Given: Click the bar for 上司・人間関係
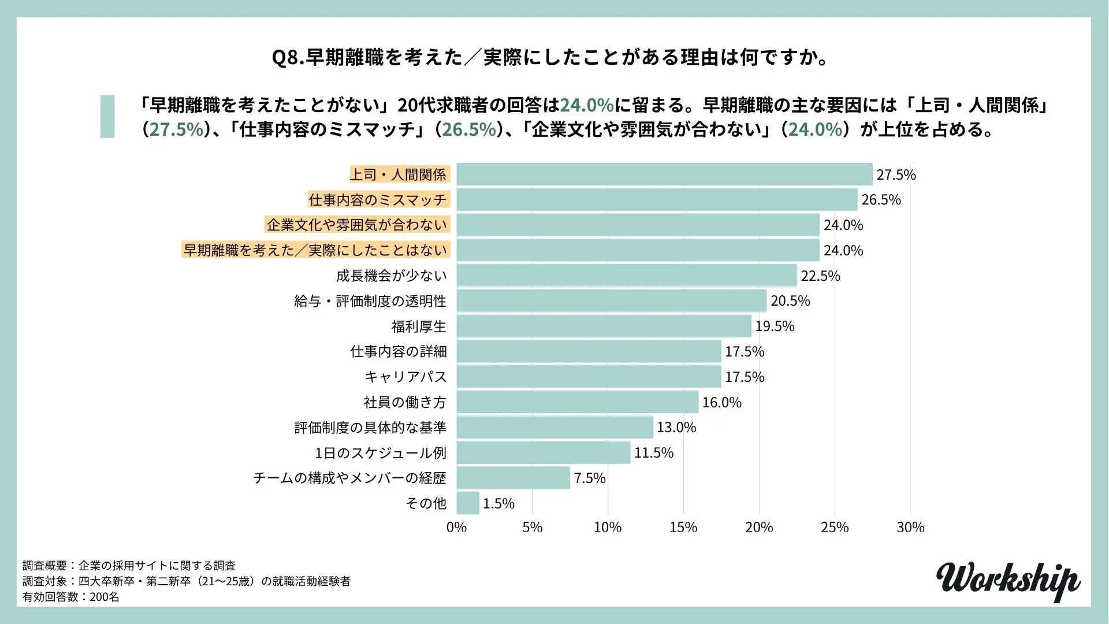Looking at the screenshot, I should pyautogui.click(x=664, y=174).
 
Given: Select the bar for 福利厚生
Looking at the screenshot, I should pyautogui.click(x=604, y=326).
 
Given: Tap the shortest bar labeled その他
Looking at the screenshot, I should pyautogui.click(x=468, y=503).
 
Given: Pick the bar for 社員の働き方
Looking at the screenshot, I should pyautogui.click(x=577, y=402).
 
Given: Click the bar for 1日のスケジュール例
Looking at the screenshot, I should pyautogui.click(x=543, y=452).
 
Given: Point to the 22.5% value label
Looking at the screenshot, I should pyautogui.click(x=820, y=276).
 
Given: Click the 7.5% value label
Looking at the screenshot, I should pyautogui.click(x=590, y=478).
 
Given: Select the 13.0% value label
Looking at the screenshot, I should pyautogui.click(x=676, y=428).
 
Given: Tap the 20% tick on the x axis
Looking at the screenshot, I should pyautogui.click(x=759, y=528).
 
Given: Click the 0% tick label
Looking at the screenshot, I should pyautogui.click(x=456, y=528).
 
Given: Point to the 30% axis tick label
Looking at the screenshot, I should pyautogui.click(x=910, y=528).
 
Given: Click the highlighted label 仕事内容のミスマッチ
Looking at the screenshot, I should pyautogui.click(x=378, y=200).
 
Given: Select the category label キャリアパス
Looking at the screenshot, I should pyautogui.click(x=405, y=377).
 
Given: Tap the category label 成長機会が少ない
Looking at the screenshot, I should pyautogui.click(x=392, y=276).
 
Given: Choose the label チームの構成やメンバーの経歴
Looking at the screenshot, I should pyautogui.click(x=350, y=478).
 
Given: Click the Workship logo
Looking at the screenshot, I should pyautogui.click(x=1008, y=580).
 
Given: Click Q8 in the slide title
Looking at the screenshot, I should pyautogui.click(x=287, y=58).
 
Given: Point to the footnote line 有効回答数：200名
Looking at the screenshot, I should pyautogui.click(x=71, y=597).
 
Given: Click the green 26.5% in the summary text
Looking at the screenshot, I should pyautogui.click(x=469, y=129).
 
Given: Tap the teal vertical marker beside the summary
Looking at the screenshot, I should pyautogui.click(x=107, y=117).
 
